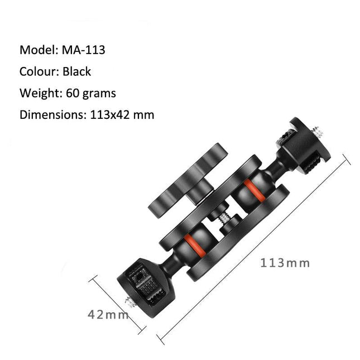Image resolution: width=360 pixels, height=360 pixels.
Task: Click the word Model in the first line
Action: (37, 50)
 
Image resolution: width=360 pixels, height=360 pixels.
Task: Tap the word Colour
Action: (39, 71)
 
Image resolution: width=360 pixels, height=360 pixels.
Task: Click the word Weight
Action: (39, 93)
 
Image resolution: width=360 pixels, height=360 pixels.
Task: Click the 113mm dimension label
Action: (285, 262)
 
